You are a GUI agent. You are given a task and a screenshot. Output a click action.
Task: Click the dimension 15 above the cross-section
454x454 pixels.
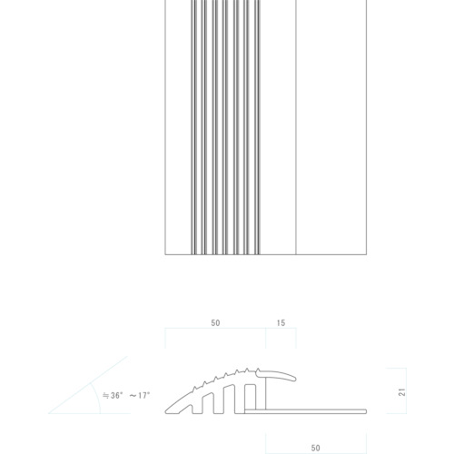tap(281, 323)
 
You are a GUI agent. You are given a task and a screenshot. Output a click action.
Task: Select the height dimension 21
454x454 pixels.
tap(402, 392)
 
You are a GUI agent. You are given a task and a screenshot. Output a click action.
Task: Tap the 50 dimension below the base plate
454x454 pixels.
tap(315, 448)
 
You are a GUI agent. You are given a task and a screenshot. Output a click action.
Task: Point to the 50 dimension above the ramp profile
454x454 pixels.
tap(215, 323)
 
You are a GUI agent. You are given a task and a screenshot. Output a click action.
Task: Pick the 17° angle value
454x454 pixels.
tap(144, 395)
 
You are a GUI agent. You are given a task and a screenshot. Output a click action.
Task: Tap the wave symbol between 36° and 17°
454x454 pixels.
tap(133, 396)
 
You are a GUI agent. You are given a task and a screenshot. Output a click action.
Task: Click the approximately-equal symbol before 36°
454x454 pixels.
tap(105, 396)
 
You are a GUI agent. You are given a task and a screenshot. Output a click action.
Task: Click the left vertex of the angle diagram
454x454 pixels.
tap(49, 413)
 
